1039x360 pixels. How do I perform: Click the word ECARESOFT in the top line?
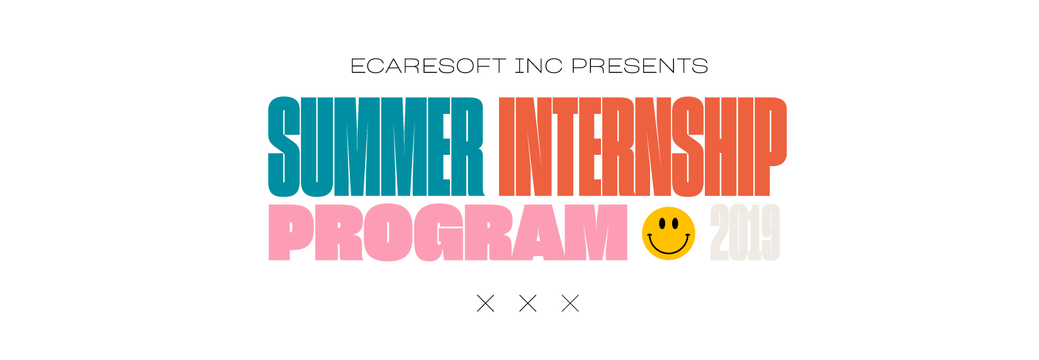[428, 66]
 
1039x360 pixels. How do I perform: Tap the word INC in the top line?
[539, 66]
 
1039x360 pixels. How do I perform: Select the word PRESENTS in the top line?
[639, 66]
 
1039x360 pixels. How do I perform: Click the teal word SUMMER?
[376, 147]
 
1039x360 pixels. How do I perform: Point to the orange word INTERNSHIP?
[643, 147]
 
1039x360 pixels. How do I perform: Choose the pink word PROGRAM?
[447, 232]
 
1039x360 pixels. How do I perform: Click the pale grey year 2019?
[745, 232]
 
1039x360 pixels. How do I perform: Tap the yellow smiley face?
[668, 233]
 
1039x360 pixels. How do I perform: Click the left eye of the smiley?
[662, 224]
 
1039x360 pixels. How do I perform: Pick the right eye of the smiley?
[675, 224]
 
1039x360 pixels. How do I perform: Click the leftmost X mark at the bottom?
[486, 303]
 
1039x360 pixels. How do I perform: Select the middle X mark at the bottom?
[528, 303]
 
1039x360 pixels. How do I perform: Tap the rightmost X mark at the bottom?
[570, 303]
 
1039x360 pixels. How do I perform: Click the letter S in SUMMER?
[284, 147]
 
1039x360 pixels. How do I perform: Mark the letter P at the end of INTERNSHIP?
[770, 147]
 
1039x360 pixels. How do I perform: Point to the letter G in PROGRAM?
[439, 232]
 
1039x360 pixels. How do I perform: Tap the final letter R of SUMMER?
[468, 147]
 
